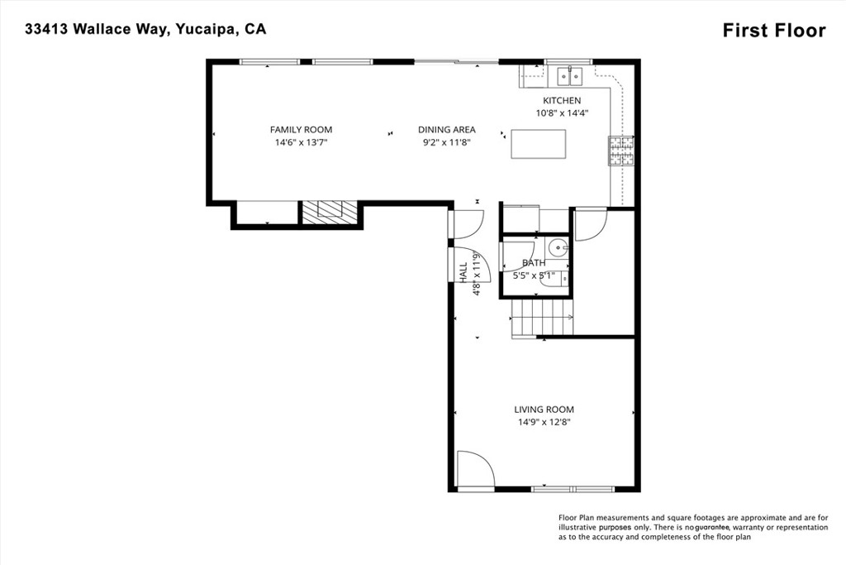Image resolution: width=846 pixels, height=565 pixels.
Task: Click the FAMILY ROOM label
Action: (x=301, y=130)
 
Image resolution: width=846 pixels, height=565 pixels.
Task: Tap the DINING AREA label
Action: (x=447, y=130)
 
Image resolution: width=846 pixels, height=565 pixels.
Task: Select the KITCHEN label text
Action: (x=562, y=100)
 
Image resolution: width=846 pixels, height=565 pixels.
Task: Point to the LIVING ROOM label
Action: (x=544, y=409)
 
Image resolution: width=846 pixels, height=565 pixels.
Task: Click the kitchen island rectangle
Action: (x=539, y=144)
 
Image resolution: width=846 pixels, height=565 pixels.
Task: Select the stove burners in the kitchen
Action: (x=621, y=151)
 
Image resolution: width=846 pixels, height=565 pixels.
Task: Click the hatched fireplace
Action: (x=329, y=212)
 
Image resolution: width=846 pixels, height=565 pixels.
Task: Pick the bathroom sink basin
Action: (x=558, y=248)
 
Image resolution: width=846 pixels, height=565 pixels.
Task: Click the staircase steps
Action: (x=542, y=318)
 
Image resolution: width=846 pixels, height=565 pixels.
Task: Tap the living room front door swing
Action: (x=475, y=469)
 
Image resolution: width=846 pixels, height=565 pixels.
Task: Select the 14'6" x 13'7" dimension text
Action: (x=301, y=142)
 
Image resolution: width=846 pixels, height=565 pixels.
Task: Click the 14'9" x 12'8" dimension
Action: (x=544, y=423)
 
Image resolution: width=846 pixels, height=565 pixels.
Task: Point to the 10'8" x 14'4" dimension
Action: (x=562, y=113)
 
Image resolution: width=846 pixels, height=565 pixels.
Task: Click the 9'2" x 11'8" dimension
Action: (x=447, y=142)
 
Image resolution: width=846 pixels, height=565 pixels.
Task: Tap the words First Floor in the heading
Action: (x=774, y=31)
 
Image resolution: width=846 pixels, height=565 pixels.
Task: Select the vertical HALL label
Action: (x=463, y=273)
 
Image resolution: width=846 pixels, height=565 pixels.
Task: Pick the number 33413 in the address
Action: (x=46, y=29)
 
